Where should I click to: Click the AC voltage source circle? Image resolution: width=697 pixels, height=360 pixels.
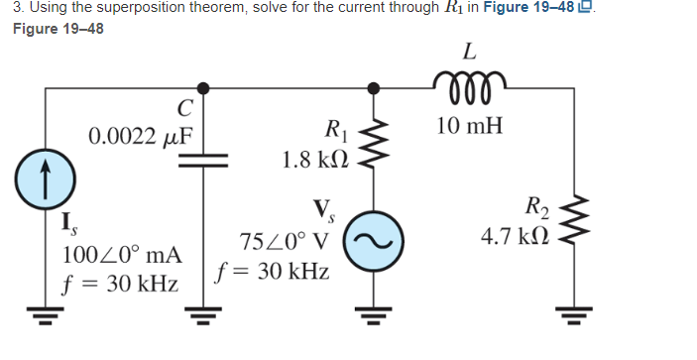[373, 241]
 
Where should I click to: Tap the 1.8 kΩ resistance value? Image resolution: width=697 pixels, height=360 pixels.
[314, 160]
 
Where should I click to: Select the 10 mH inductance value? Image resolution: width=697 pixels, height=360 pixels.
[469, 126]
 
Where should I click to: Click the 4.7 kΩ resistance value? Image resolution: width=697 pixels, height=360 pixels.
[518, 238]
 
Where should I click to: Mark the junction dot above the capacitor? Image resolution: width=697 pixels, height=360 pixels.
[203, 88]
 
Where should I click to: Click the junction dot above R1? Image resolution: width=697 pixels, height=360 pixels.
[373, 88]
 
